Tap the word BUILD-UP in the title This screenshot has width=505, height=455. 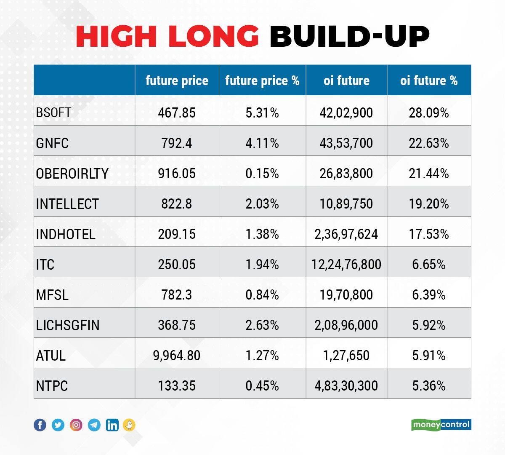pos(349,37)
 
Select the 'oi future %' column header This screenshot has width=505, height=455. pos(428,80)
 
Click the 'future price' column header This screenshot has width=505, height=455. pos(177,80)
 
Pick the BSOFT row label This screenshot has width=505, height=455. pos(53,112)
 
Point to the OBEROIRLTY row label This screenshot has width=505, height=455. pos(72,174)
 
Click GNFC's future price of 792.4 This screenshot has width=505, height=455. pos(177,143)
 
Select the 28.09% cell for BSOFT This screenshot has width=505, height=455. pos(428,112)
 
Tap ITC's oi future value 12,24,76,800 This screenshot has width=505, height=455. pos(346,265)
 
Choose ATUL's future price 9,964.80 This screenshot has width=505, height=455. pos(177,356)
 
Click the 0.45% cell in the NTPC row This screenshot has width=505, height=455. pos(262,386)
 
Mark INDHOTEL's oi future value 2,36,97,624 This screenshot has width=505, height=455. pos(346,234)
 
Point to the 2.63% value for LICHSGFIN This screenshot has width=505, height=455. pos(262,325)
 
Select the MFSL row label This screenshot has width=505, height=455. pos(52,295)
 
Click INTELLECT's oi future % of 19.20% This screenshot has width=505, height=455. pos(428,204)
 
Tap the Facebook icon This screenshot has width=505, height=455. pos(40,425)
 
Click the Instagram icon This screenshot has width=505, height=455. pos(76,425)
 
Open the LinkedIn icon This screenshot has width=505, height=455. pos(112,425)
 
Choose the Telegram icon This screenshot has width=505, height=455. pos(94,425)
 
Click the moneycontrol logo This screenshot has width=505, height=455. pos(441,425)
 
